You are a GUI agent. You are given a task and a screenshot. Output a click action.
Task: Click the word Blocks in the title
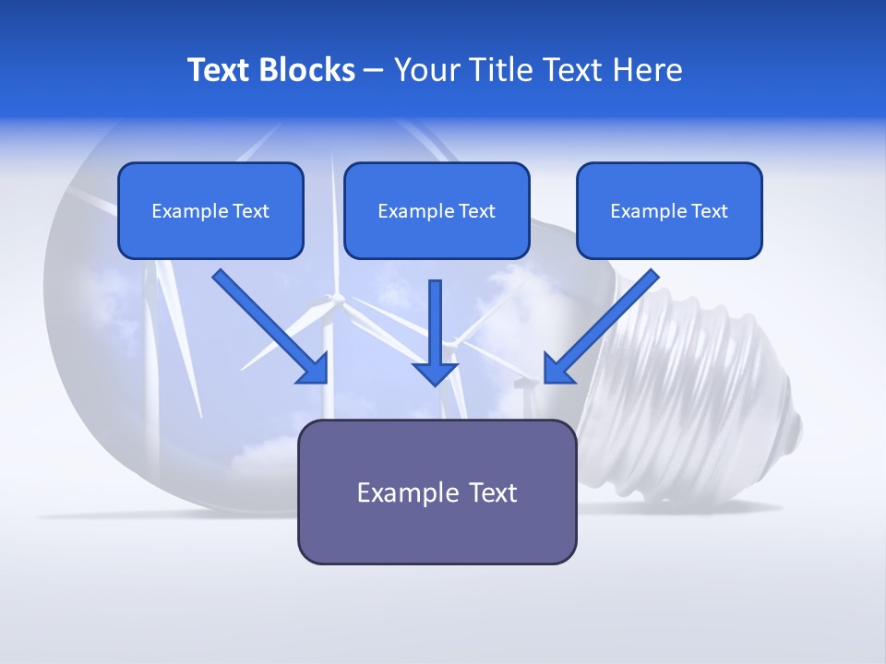[x=306, y=70]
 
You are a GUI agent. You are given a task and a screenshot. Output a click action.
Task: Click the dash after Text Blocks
[x=374, y=71]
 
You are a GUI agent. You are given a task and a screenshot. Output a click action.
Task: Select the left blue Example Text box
[x=210, y=210]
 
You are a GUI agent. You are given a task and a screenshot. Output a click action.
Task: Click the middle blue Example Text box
[x=437, y=210]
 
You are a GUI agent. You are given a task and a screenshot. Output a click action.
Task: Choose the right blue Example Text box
[x=670, y=210]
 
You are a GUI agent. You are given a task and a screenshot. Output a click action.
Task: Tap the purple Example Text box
[x=437, y=492]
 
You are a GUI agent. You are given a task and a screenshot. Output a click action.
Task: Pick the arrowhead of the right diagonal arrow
[x=557, y=371]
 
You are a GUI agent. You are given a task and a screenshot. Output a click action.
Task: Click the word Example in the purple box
[x=400, y=493]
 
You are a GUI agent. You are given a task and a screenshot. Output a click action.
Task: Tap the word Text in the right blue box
[x=709, y=210]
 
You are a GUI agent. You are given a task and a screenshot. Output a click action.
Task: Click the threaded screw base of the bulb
[x=687, y=396]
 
